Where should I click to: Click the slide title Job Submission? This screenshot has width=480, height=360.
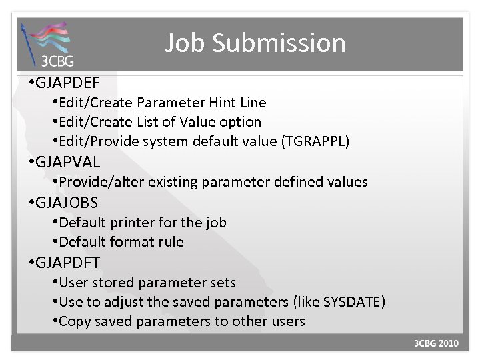tap(255, 43)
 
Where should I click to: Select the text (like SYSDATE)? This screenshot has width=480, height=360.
tap(337, 302)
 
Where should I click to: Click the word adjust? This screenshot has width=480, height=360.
tap(121, 302)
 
